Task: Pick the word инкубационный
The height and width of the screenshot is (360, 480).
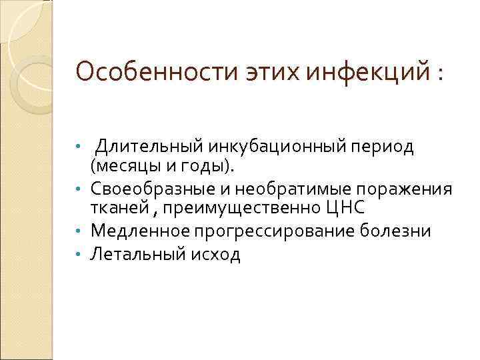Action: click(265, 145)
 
